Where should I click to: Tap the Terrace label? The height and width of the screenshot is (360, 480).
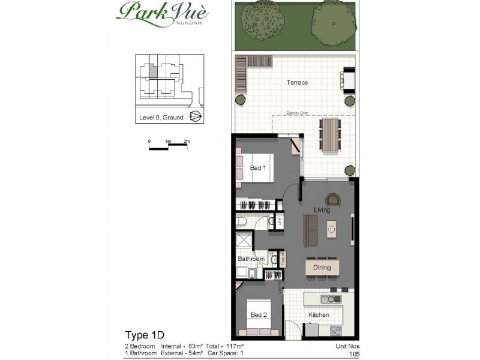pyautogui.click(x=296, y=82)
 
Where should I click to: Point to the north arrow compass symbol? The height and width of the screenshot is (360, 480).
pyautogui.click(x=194, y=116)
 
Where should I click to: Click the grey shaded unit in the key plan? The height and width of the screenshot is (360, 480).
pyautogui.click(x=154, y=71)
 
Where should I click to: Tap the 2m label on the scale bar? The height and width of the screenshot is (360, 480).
pyautogui.click(x=187, y=142)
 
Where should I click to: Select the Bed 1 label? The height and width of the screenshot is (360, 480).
pyautogui.click(x=257, y=169)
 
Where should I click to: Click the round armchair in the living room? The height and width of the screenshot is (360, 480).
pyautogui.click(x=331, y=199)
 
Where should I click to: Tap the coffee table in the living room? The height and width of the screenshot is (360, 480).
pyautogui.click(x=331, y=229)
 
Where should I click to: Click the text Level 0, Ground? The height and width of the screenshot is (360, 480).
pyautogui.click(x=158, y=116)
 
